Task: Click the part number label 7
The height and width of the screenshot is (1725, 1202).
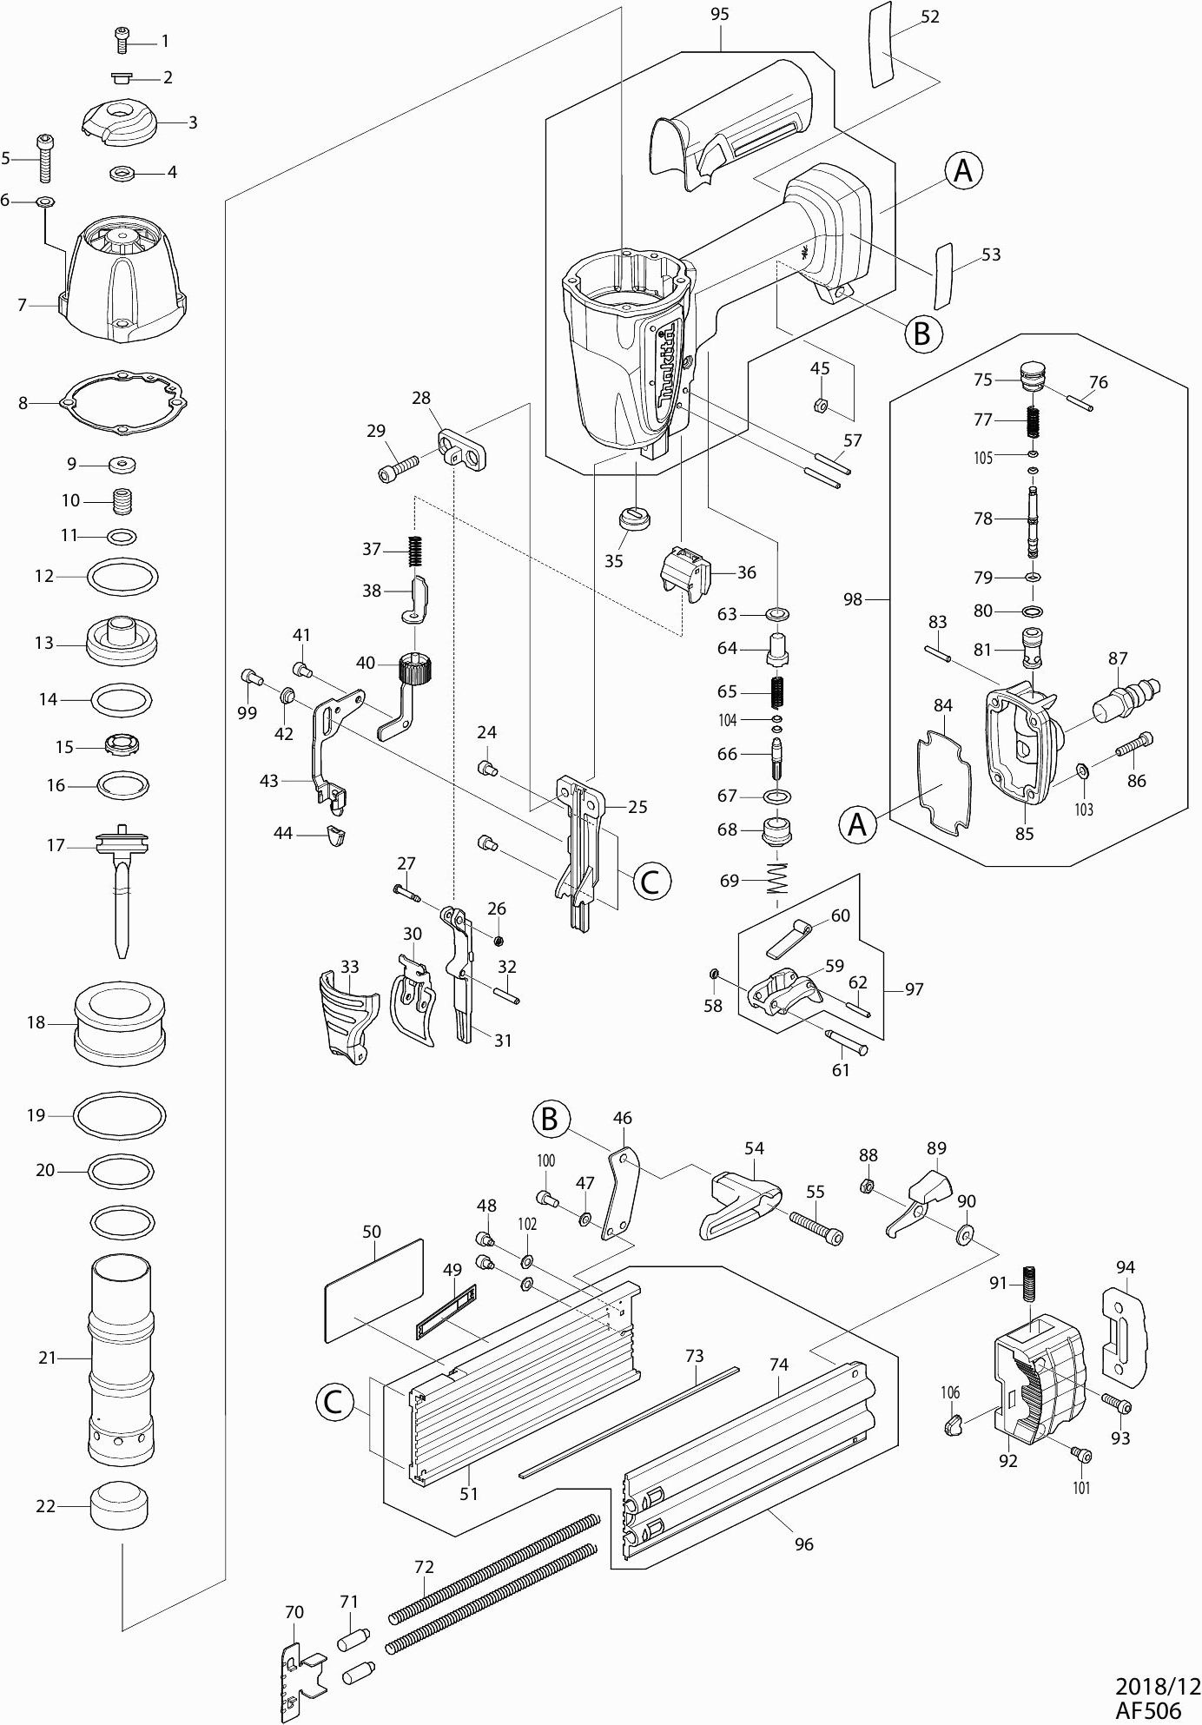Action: coord(23,305)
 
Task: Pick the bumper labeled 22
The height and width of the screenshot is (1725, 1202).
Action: coord(119,1505)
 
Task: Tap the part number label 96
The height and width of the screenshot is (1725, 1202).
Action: coord(804,1543)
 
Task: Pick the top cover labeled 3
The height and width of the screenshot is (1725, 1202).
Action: coord(119,120)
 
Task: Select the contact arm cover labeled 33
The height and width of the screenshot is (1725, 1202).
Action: coord(347,1013)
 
